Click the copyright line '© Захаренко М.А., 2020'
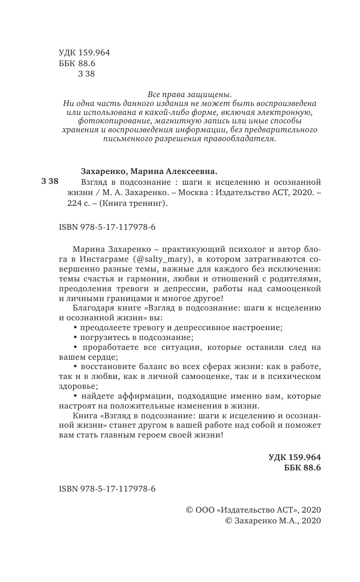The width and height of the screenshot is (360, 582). (273, 521)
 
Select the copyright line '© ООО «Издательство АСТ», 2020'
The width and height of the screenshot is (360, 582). (254, 510)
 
